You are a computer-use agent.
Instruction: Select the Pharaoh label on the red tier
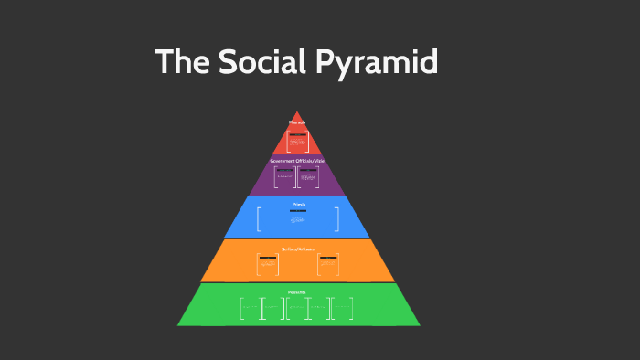(x=297, y=122)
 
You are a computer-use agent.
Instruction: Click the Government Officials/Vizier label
(x=297, y=160)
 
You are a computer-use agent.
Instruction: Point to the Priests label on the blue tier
(x=298, y=204)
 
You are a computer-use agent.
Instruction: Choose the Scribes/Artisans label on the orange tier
(x=298, y=248)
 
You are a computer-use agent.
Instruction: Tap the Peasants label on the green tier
(x=297, y=292)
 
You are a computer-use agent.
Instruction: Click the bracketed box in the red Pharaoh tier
(x=297, y=141)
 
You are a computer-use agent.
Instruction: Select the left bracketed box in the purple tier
(x=285, y=177)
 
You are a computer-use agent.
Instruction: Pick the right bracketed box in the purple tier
(x=309, y=177)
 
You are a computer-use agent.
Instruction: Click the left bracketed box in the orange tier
(x=268, y=264)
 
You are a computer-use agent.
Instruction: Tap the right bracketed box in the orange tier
(x=328, y=264)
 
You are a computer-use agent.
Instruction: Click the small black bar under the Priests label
(x=298, y=211)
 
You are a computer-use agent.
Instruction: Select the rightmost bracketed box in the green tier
(x=343, y=309)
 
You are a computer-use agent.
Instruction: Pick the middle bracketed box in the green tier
(x=297, y=309)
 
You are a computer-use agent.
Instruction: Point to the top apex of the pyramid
(x=297, y=112)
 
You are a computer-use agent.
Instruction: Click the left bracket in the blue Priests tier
(x=260, y=219)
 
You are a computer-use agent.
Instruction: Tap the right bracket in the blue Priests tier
(x=336, y=219)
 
